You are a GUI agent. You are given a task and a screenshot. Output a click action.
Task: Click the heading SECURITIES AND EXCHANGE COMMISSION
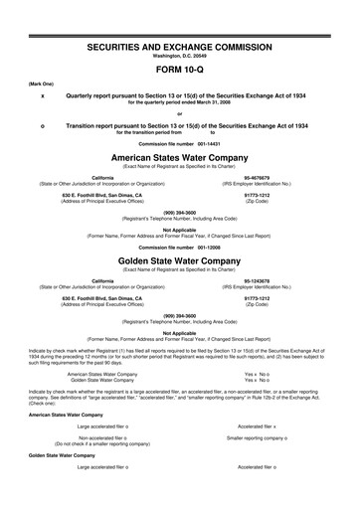[180, 47]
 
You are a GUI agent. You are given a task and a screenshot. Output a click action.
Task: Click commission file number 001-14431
[180, 143]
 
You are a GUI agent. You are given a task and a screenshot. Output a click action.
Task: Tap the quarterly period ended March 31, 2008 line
[180, 103]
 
